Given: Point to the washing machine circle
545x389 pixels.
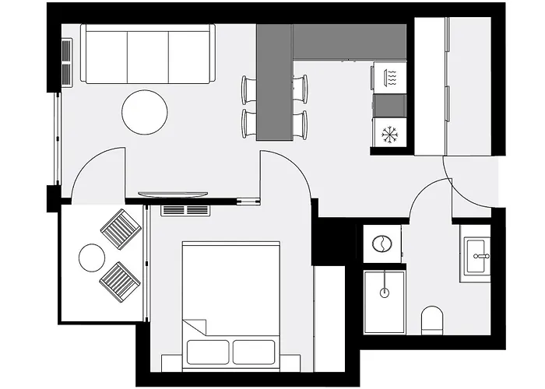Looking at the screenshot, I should click(381, 244).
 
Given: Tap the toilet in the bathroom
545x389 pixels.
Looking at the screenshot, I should click(431, 319).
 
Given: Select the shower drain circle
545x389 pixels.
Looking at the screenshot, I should click(383, 293).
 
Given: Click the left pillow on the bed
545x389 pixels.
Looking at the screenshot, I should click(207, 352).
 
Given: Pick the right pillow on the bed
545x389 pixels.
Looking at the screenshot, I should click(254, 352).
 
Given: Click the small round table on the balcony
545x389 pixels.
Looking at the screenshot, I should click(91, 258).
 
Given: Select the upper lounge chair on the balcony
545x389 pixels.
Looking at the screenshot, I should click(120, 229).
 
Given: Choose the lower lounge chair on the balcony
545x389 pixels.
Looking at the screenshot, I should click(120, 281).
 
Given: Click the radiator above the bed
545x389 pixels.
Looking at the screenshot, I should click(185, 210).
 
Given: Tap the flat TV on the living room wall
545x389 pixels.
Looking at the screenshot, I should click(173, 194).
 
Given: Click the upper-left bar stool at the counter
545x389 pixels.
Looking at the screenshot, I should click(248, 89).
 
